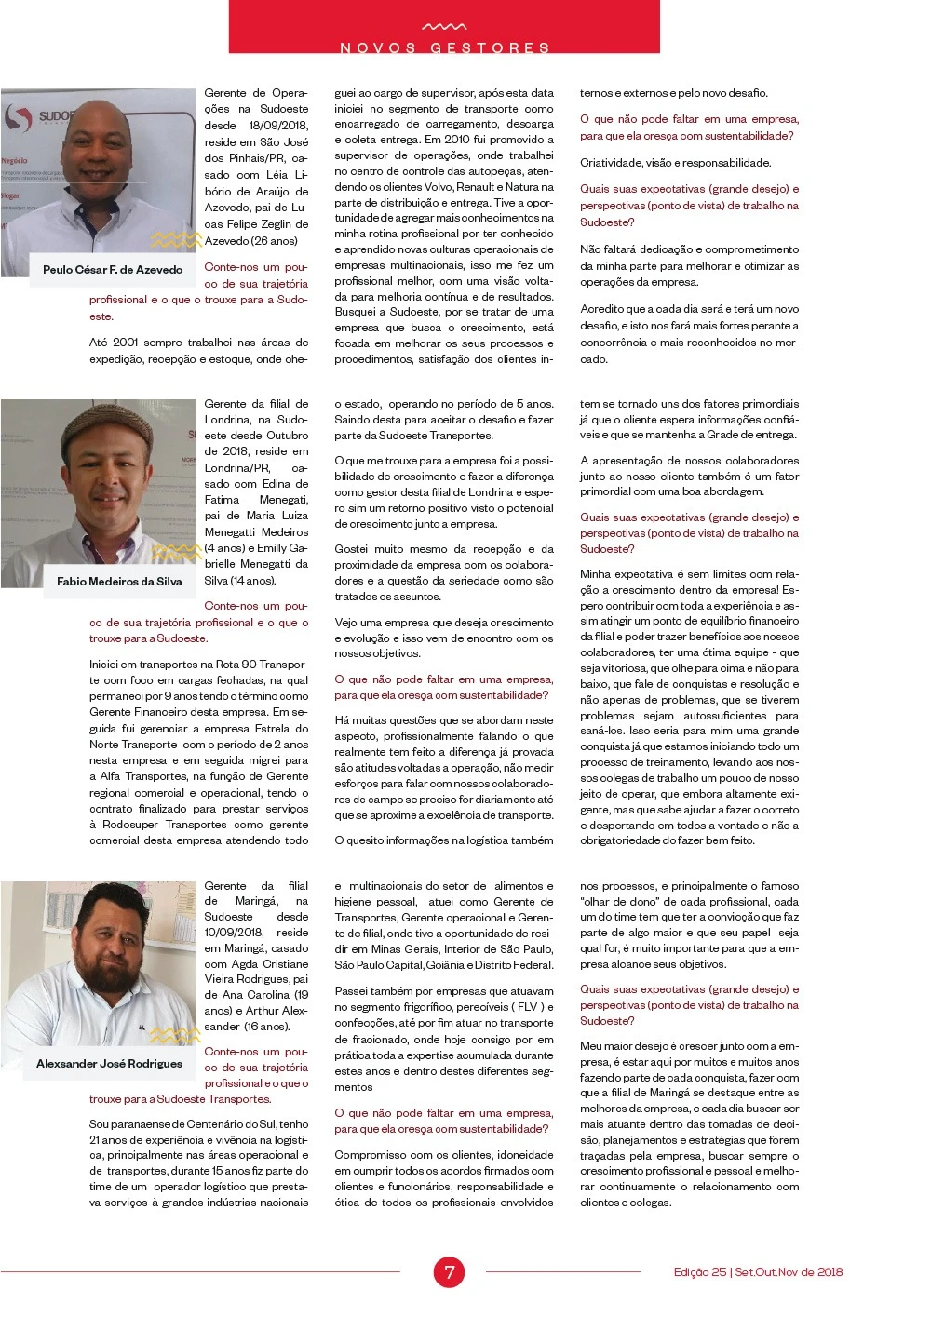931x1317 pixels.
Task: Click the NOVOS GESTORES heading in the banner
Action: point(444,47)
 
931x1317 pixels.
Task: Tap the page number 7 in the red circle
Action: point(449,1271)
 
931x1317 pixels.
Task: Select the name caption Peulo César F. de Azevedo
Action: point(113,270)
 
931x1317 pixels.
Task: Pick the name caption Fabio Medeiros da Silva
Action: point(119,582)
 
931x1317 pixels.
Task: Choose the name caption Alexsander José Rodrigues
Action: point(109,1064)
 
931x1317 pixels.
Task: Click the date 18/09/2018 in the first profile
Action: point(278,126)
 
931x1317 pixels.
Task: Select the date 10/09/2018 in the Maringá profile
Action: point(234,933)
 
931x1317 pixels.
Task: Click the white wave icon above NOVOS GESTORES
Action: point(444,27)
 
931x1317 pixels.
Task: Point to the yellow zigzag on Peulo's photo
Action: point(176,240)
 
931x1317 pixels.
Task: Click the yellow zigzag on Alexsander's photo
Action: point(175,1035)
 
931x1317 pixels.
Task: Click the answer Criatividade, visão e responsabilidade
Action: point(675,163)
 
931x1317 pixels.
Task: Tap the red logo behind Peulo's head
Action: point(18,117)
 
